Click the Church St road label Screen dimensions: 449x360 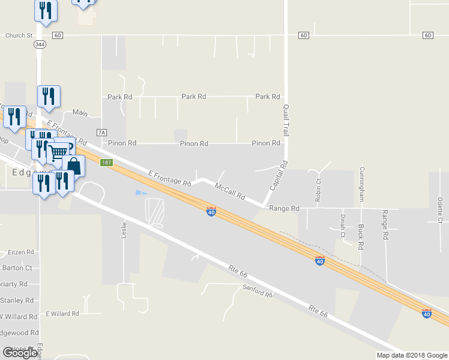19,35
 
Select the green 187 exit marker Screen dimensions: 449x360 107,163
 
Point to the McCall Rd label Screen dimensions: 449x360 231,191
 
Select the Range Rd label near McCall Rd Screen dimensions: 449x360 284,208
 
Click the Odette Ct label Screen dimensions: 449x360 440,210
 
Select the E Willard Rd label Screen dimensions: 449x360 62,314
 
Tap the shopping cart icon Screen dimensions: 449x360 58,154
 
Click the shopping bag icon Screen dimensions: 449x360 73,165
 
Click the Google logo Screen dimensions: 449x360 20,353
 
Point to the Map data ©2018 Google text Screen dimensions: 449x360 412,355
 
